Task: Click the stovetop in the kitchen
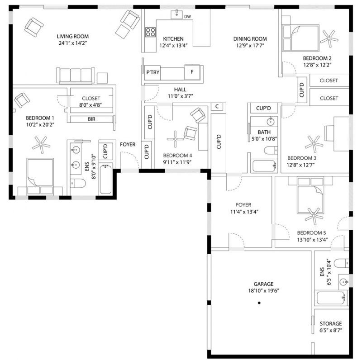[x=150, y=32]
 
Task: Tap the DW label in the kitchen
[x=187, y=17]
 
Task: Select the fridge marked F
[x=192, y=72]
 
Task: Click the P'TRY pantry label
[x=153, y=72]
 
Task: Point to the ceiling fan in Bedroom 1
[x=41, y=145]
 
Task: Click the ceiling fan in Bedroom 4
[x=175, y=139]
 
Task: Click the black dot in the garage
[x=259, y=303]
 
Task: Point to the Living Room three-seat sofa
[x=76, y=76]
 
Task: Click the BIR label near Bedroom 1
[x=91, y=119]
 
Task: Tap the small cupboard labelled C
[x=217, y=106]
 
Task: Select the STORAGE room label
[x=331, y=323]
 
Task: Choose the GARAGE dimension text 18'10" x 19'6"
[x=264, y=291]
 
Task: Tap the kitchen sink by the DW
[x=176, y=14]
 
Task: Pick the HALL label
[x=180, y=90]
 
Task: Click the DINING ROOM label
[x=250, y=39]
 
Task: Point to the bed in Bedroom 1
[x=40, y=176]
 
